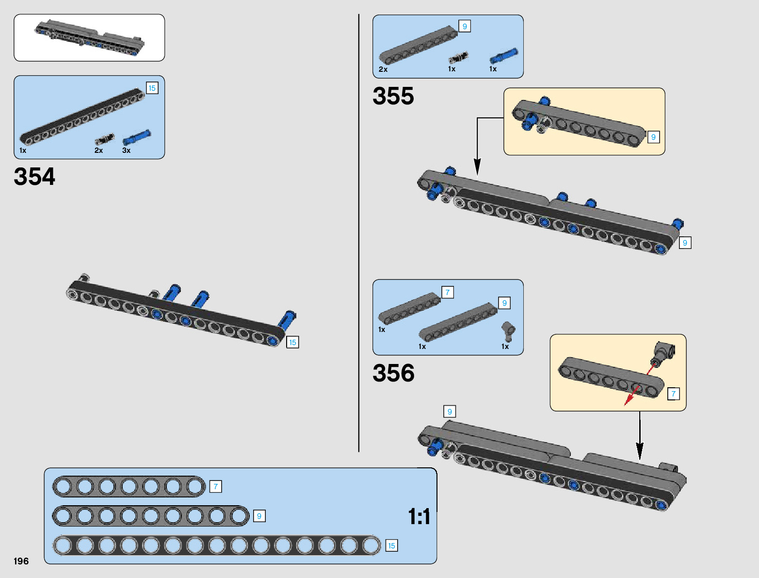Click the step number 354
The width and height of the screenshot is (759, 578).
(x=34, y=177)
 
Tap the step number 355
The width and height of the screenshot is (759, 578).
(x=393, y=96)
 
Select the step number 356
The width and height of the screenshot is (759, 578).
(x=393, y=373)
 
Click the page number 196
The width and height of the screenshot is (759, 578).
(x=21, y=561)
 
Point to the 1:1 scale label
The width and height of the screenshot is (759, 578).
(x=419, y=517)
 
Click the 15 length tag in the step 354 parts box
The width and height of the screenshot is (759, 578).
(x=152, y=88)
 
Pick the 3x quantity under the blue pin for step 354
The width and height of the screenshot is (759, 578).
(x=127, y=150)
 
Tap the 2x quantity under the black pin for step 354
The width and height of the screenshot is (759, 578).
(x=99, y=150)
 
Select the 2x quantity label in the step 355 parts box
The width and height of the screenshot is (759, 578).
(x=383, y=69)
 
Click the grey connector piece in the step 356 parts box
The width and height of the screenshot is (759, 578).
(x=508, y=331)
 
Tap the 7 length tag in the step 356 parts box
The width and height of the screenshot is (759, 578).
(x=448, y=292)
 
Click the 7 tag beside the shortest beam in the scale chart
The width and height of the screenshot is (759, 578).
(x=216, y=486)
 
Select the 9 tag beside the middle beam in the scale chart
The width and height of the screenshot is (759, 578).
(x=259, y=516)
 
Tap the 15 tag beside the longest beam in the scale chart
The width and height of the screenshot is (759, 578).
(x=391, y=545)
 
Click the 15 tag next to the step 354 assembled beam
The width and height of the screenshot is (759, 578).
(x=292, y=342)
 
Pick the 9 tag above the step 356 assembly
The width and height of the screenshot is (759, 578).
(x=450, y=412)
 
